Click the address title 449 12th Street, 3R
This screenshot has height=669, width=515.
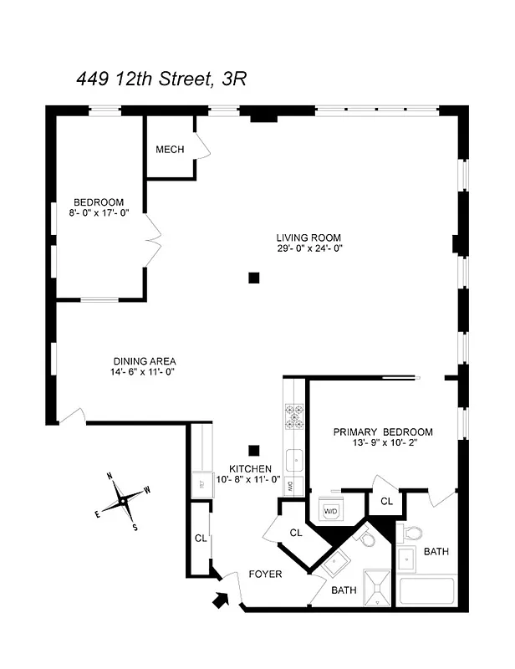161,79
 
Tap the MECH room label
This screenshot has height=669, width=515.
170,150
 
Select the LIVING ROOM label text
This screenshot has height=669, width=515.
308,237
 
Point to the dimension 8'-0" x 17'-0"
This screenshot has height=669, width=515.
99,213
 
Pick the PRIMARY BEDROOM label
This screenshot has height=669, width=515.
383,432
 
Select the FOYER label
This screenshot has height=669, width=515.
265,575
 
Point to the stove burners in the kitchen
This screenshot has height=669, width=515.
294,416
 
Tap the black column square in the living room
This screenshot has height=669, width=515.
253,278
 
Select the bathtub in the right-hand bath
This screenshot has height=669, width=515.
426,591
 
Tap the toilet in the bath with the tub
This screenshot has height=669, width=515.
412,532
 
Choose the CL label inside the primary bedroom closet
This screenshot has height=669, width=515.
385,502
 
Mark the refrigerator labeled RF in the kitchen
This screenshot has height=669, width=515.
201,483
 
